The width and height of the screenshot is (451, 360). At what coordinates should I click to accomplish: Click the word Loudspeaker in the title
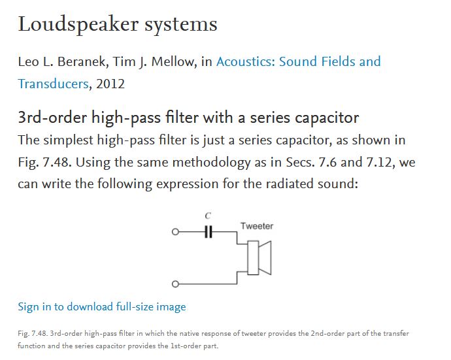78,24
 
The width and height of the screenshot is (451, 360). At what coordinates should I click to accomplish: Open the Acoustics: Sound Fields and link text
299,61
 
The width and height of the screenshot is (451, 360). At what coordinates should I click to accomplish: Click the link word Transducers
53,84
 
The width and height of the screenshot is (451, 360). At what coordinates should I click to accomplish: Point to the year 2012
110,84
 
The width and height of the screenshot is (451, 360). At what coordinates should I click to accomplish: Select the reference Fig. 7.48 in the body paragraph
44,162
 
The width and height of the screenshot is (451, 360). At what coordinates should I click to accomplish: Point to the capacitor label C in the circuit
208,216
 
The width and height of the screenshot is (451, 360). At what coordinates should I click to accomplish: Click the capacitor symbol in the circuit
209,232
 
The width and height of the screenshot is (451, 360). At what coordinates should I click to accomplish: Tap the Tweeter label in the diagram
257,226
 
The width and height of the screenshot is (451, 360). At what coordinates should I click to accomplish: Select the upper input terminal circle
175,232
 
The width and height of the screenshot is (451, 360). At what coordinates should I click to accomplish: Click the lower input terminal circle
175,284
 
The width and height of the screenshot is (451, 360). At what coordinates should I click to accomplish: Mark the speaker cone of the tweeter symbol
265,258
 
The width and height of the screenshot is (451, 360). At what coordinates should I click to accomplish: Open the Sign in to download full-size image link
102,307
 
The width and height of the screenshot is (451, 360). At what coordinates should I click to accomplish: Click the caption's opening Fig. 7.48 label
33,334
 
